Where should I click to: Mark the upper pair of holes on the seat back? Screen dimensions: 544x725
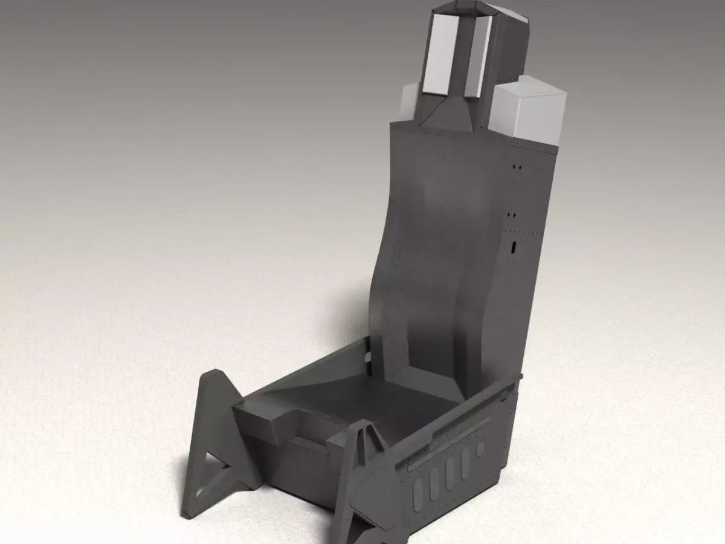click(517, 165)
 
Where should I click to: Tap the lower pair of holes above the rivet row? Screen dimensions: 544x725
click(512, 215)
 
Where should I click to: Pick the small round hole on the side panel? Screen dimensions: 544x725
click(480, 449)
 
